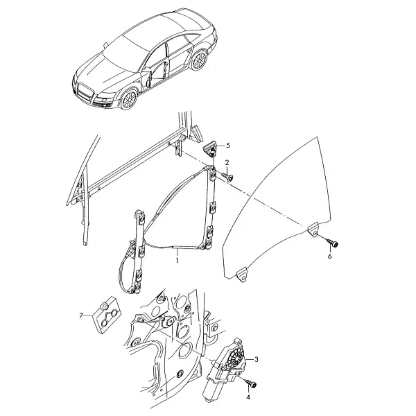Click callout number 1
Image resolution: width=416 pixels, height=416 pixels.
177,260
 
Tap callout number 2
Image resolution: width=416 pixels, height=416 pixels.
227,162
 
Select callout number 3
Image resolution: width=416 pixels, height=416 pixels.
256,359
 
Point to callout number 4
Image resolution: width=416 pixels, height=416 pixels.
248,397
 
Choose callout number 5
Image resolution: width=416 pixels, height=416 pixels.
228,146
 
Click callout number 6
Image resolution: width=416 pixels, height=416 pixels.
330,257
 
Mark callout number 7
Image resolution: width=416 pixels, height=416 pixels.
81,315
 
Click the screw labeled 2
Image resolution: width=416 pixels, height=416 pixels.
227,176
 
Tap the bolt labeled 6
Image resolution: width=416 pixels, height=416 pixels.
332,242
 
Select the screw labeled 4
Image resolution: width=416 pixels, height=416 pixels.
250,383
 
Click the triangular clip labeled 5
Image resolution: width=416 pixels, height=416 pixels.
210,149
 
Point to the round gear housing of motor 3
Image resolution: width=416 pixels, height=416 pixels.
235,356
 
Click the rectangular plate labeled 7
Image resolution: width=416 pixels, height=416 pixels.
107,314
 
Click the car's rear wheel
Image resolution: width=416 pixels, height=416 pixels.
199,60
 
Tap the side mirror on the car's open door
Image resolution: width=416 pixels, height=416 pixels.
146,70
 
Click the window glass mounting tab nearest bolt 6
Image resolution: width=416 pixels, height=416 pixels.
313,229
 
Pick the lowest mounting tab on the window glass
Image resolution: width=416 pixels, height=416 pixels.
243,276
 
